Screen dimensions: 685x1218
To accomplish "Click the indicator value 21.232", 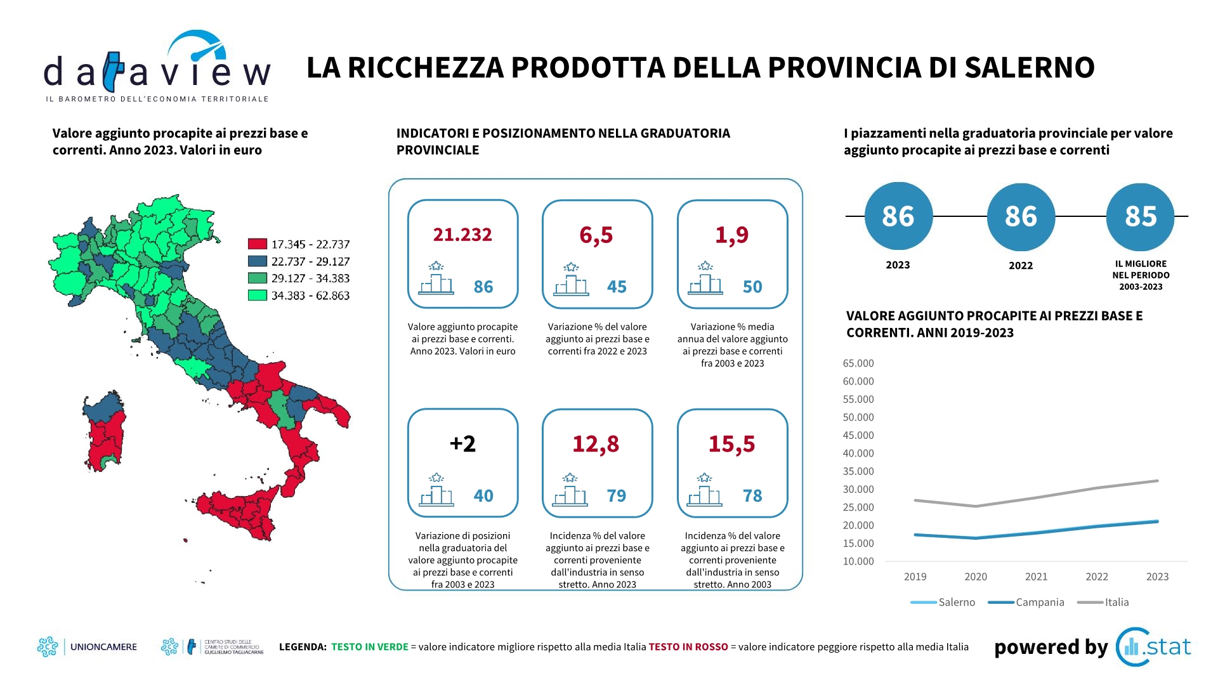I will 462,235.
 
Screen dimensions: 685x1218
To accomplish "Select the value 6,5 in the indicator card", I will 596,235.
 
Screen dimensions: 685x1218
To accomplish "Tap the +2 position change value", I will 462,443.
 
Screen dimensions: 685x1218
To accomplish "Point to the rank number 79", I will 616,495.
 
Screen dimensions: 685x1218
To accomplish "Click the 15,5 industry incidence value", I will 731,443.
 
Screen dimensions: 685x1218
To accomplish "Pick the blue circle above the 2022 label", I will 1021,216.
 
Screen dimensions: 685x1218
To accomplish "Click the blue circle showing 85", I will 1140,216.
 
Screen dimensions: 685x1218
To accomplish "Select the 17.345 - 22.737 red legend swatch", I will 257,244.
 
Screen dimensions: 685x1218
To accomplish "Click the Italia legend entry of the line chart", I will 1116,602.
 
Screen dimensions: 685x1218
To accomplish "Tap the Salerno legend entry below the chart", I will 956,602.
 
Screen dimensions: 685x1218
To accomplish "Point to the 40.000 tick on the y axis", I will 858,453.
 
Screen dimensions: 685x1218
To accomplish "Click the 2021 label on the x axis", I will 1036,577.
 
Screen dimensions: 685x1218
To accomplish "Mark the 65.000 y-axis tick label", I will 858,363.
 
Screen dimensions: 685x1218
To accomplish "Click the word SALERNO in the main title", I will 1029,68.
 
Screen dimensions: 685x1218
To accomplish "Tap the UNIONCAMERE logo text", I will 103,647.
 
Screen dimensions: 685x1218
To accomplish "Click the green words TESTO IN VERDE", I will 370,647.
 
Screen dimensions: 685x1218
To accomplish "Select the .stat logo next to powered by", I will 1154,647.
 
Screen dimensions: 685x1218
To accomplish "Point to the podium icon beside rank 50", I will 705,279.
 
